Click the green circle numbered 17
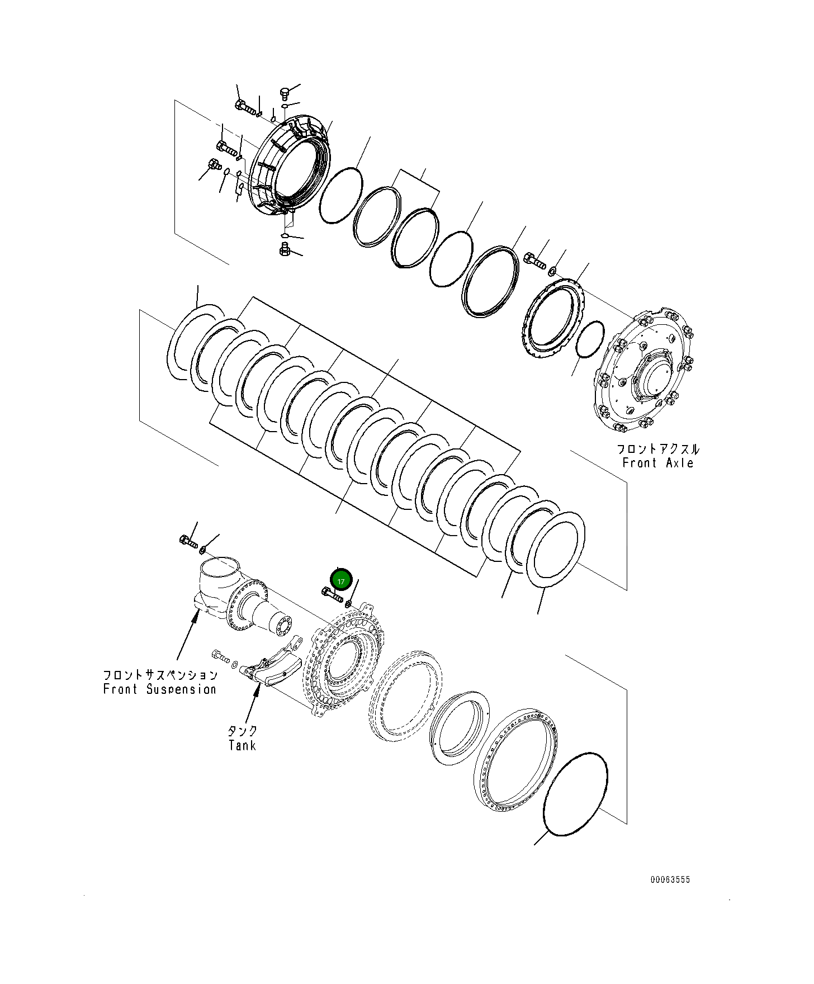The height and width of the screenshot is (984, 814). tap(341, 579)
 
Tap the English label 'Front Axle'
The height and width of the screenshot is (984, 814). tap(658, 463)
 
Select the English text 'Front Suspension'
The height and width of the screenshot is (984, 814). tap(159, 689)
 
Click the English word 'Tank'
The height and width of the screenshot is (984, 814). tap(242, 745)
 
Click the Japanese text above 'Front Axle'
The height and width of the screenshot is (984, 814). tap(658, 449)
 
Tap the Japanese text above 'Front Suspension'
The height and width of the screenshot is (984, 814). tap(160, 675)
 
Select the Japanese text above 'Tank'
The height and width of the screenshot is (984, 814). tap(243, 731)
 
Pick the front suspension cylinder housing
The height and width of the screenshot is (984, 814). tap(224, 593)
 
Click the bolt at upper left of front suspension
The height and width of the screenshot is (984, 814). tap(188, 541)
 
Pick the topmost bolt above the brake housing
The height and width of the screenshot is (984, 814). tap(284, 93)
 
